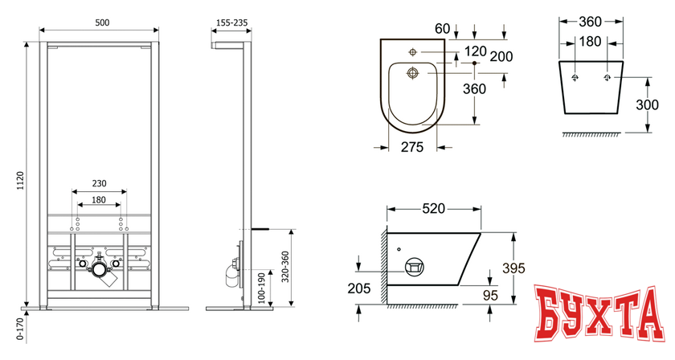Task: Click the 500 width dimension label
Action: (102, 22)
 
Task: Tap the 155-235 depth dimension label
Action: (231, 22)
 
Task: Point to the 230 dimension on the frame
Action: (99, 183)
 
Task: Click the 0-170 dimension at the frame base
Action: (20, 329)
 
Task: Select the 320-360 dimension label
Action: (285, 267)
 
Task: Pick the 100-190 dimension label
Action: (262, 288)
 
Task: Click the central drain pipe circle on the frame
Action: (100, 270)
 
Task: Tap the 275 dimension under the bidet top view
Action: (412, 147)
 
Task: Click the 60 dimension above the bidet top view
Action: (442, 28)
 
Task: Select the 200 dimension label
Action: (501, 56)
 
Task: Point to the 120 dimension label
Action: (475, 51)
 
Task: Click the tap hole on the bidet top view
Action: (412, 52)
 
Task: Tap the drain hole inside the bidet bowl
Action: (413, 73)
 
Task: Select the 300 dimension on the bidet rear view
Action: (647, 104)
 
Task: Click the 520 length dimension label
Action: (433, 208)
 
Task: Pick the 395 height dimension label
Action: (513, 268)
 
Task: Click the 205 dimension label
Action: (359, 288)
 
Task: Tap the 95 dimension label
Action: (490, 296)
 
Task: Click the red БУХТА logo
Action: (599, 313)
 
